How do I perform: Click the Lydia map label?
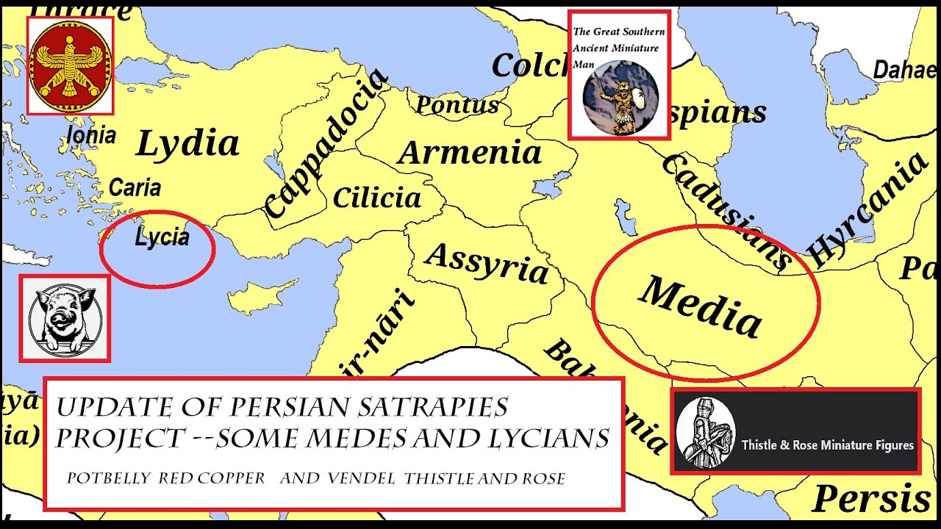[x=187, y=145]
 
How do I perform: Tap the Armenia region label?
[x=469, y=153]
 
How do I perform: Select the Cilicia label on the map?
[x=377, y=198]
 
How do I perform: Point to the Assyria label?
[x=486, y=262]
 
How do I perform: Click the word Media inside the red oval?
[x=701, y=306]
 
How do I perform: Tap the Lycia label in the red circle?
[x=162, y=237]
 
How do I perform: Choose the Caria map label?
[x=135, y=187]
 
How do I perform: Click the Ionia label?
[x=91, y=134]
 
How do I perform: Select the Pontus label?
[x=457, y=105]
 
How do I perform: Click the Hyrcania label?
[x=867, y=209]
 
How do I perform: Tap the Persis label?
[x=871, y=499]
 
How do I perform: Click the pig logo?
[x=65, y=318]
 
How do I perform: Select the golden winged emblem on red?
[x=70, y=65]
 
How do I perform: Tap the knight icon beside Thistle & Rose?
[x=704, y=433]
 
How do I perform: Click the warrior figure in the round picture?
[x=620, y=98]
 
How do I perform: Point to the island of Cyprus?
[x=254, y=297]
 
